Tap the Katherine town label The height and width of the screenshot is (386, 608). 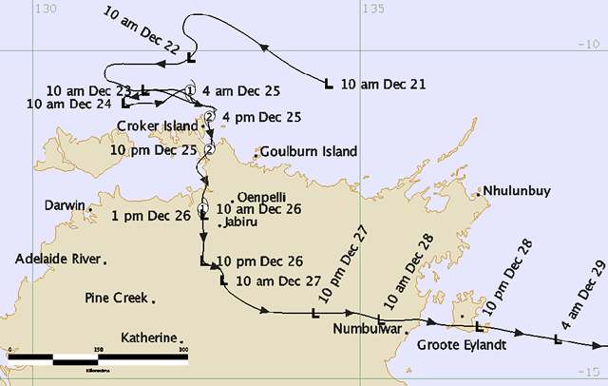149,338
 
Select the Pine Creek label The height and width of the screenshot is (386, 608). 115,298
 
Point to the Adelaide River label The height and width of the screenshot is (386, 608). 58,259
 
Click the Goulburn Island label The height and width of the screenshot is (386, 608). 311,151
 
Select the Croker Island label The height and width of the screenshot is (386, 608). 157,125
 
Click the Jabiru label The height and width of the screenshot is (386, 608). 239,223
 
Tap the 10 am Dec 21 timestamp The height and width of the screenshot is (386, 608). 382,85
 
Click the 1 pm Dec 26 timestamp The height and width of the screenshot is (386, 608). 150,216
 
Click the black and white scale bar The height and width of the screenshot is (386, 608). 96,359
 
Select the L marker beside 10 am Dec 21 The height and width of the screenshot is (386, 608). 329,85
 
